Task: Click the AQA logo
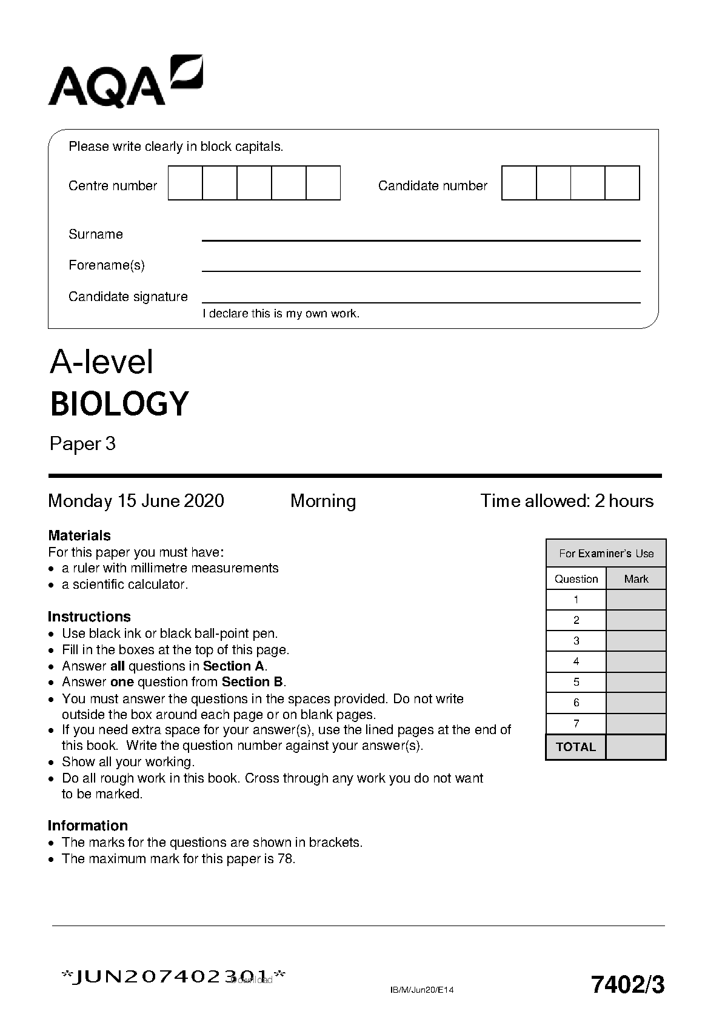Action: (x=125, y=81)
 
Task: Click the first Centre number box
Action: (x=185, y=183)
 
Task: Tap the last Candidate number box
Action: (x=623, y=183)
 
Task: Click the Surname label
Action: (x=96, y=234)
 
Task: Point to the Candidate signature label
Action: (x=128, y=297)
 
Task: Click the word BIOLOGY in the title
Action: (x=119, y=404)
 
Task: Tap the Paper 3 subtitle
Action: (x=82, y=444)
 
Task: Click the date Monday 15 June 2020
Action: (x=136, y=501)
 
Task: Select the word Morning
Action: (x=323, y=501)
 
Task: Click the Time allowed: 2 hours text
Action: (x=567, y=501)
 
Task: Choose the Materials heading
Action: (x=79, y=535)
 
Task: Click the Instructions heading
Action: (x=89, y=617)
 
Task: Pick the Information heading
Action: (x=88, y=826)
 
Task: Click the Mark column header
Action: (x=636, y=579)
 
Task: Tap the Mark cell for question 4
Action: (x=636, y=661)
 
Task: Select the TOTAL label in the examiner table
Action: (x=576, y=747)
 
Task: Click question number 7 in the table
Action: (x=576, y=723)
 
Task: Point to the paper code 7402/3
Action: (x=627, y=985)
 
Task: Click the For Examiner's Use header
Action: (x=606, y=554)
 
